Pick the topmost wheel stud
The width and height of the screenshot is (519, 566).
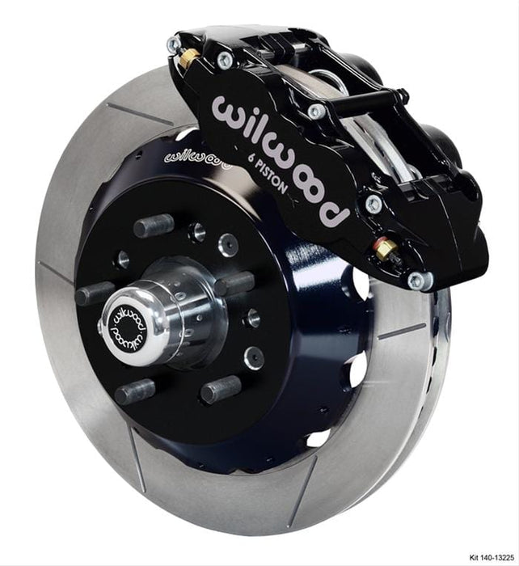(x=153, y=225)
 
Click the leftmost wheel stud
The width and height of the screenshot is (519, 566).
(x=94, y=293)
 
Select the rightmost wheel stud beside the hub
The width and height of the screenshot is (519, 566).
(x=234, y=283)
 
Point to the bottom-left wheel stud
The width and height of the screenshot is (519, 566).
(x=133, y=392)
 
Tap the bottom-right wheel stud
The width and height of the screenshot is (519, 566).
(x=220, y=390)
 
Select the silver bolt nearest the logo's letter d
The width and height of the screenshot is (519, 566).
(x=373, y=203)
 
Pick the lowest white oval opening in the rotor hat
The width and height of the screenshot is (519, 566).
(x=319, y=437)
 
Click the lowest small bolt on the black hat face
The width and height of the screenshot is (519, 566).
(x=253, y=356)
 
